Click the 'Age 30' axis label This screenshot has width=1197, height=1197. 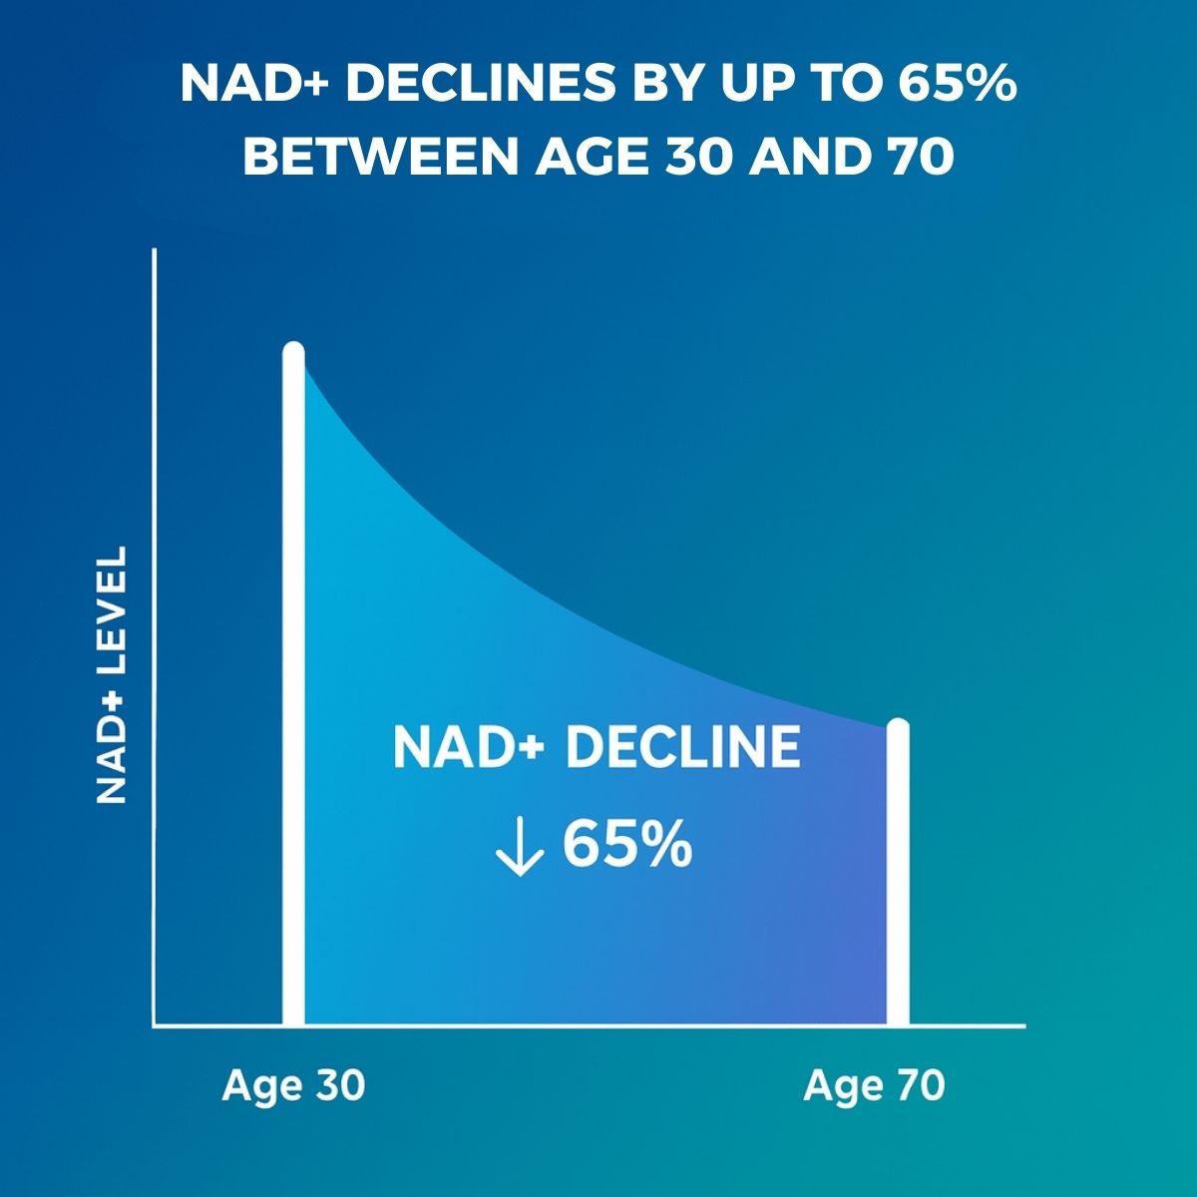pos(293,1086)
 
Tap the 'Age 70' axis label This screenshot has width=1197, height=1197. pos(874,1086)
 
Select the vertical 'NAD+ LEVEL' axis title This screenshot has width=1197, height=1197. pos(112,675)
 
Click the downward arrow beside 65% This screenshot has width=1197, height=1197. pos(520,847)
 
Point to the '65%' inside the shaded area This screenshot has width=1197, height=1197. pos(627,845)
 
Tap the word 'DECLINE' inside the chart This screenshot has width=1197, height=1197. pos(682,747)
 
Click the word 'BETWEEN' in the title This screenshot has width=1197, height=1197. pos(380,156)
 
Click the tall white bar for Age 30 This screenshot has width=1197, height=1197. pos(294,683)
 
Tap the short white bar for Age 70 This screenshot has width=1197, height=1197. pos(898,872)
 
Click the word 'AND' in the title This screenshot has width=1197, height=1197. pos(806,156)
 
